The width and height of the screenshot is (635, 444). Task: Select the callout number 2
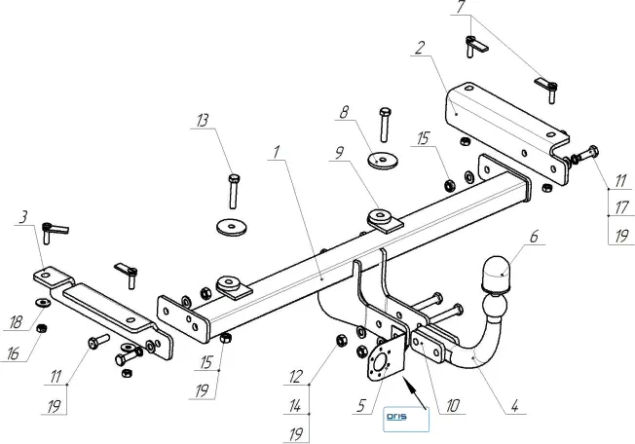click(x=417, y=46)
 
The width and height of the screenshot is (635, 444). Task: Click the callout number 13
click(x=201, y=122)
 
